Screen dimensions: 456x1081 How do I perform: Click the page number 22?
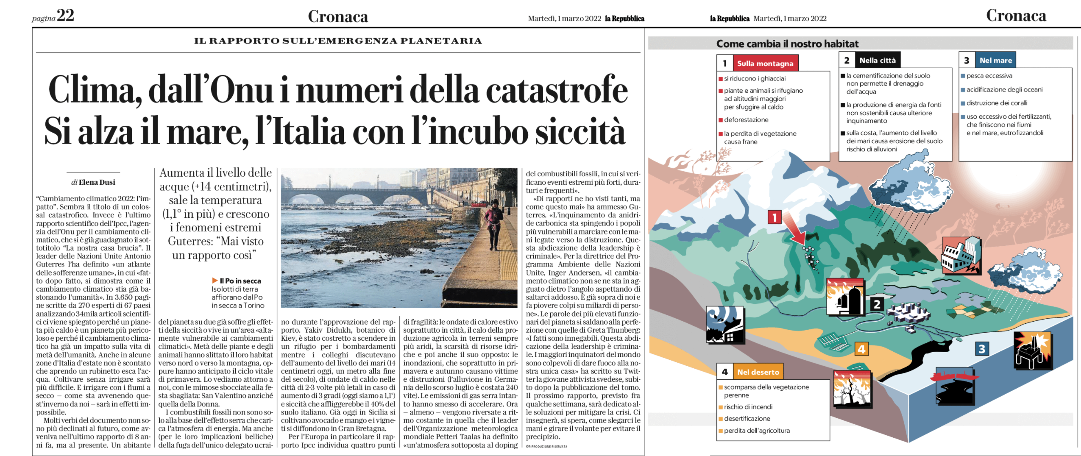[x=65, y=16]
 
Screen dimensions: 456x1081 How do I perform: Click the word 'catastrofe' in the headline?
[x=556, y=89]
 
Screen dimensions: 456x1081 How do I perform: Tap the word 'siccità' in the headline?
[x=580, y=131]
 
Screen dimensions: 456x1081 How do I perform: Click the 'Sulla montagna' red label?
[x=765, y=64]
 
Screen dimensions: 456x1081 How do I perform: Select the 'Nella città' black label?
[x=877, y=61]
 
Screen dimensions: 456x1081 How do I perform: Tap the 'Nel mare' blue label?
[x=995, y=61]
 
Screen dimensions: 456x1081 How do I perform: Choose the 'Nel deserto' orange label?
[x=758, y=372]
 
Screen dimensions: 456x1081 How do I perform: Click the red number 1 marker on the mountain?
[x=775, y=217]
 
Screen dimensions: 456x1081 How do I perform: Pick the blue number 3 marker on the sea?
[x=982, y=349]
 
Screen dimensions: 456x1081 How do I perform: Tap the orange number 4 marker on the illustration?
[x=861, y=349]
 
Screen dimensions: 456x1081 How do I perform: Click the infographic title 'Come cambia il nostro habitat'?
[x=787, y=44]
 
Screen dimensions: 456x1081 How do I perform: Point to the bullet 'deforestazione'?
[x=746, y=120]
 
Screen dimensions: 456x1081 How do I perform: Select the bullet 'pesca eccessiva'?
[x=989, y=76]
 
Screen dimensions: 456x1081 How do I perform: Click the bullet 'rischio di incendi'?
[x=748, y=407]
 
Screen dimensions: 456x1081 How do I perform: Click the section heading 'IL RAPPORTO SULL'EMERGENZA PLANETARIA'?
[x=338, y=41]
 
